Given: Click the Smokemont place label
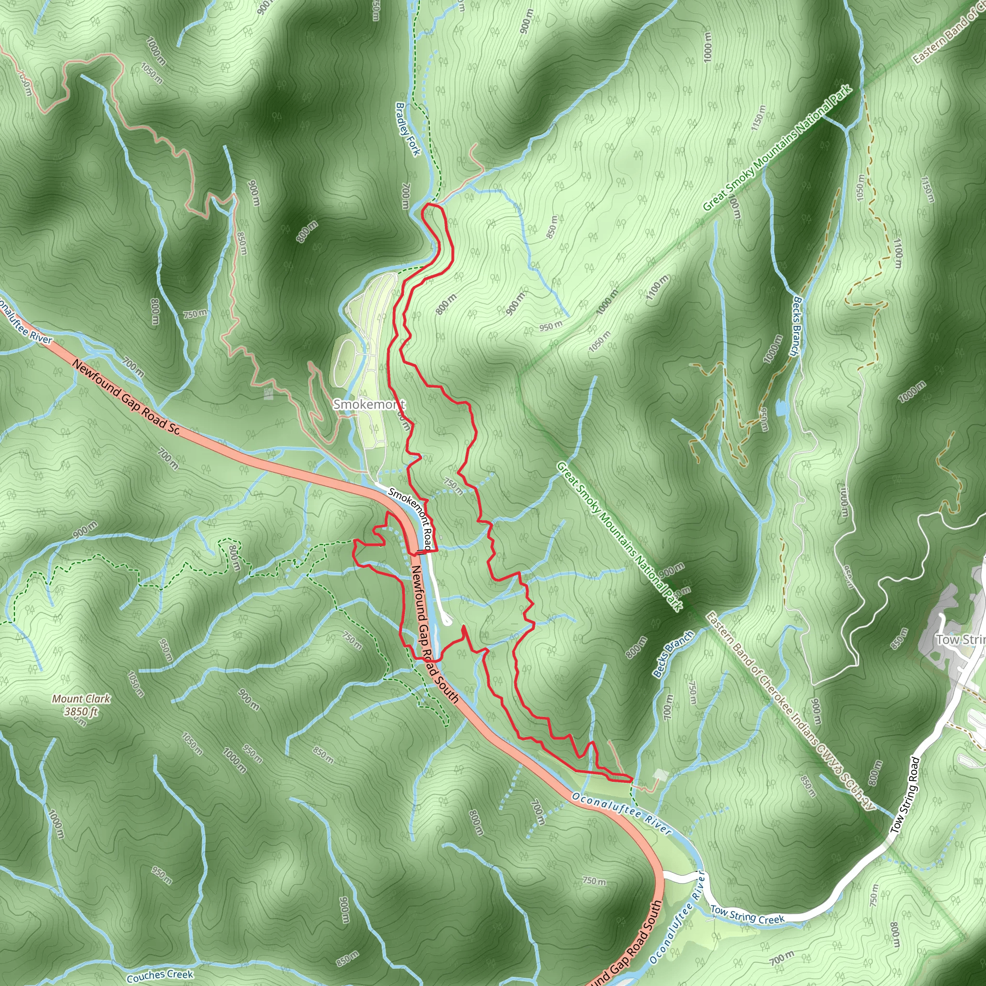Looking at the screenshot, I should (368, 405).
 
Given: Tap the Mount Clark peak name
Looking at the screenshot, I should (81, 699).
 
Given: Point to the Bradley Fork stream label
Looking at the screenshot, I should (408, 129).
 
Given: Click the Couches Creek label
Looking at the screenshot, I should (160, 975).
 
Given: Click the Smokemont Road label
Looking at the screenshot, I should (410, 518).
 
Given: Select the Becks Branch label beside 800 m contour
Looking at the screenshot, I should (673, 654).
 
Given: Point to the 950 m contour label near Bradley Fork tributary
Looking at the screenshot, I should (551, 325).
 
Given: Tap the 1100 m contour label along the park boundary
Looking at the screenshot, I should (657, 289).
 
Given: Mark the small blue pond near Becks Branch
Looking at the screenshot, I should (780, 408).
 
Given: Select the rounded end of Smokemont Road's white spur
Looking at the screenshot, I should (448, 621).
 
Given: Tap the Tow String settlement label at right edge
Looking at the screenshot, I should (960, 639).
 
